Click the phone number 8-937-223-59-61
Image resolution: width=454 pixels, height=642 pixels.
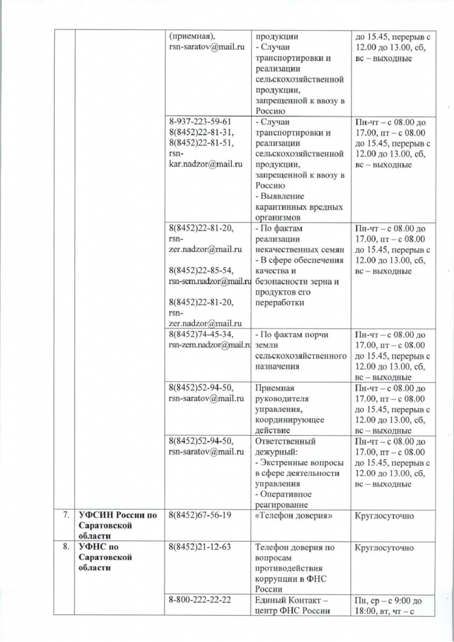200,122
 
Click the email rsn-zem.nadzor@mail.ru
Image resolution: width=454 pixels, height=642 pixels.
209,345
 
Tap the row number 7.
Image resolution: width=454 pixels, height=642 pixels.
65,515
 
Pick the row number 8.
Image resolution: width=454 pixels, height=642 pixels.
65,547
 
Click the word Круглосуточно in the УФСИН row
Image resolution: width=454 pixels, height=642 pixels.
384,515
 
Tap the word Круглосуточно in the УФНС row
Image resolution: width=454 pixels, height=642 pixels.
384,547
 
